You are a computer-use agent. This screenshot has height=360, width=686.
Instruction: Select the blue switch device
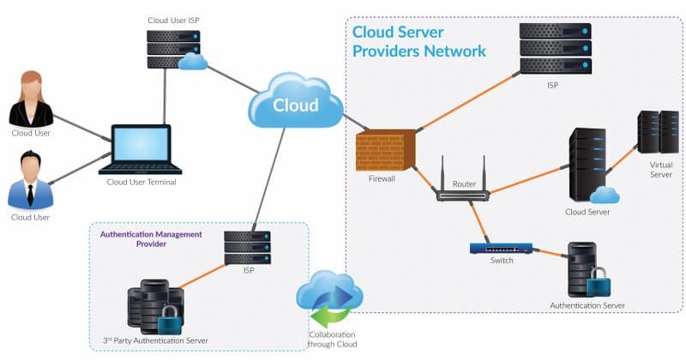coord(501,249)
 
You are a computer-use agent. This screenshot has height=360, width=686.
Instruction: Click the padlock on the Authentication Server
coord(598,279)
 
